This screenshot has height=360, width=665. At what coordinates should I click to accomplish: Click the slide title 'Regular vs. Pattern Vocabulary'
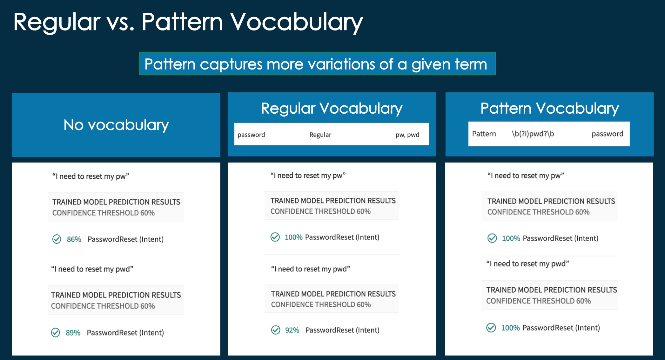point(188,22)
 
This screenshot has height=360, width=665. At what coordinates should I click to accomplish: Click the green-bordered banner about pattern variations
point(317,63)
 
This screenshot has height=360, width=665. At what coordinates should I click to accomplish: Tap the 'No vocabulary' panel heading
point(116,125)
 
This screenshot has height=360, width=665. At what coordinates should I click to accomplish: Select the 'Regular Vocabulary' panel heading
point(332,109)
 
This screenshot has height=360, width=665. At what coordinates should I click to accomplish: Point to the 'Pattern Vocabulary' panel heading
point(550,109)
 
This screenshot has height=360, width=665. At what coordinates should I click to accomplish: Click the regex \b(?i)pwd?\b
point(533,134)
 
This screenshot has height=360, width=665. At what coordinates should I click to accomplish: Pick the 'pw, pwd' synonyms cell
point(407,135)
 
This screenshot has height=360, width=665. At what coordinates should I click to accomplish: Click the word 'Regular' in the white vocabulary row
point(320,135)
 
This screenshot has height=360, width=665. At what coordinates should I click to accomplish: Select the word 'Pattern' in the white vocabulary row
point(484,134)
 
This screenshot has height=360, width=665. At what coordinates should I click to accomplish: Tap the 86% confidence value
point(74,239)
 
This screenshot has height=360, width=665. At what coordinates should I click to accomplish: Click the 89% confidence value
point(73,333)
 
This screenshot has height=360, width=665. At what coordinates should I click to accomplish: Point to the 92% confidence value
point(292,330)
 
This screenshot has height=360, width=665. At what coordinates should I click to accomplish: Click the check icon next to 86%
point(57,239)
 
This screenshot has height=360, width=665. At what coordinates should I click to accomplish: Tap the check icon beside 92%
point(276,330)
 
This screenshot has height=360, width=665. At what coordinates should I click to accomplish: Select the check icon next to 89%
point(56,332)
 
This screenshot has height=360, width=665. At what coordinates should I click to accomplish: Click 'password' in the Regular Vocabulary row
point(251,135)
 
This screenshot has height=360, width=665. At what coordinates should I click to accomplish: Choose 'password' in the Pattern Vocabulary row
point(608,134)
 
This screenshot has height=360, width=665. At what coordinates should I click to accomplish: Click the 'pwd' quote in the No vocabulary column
point(92,269)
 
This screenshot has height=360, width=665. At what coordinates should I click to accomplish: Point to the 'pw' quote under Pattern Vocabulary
point(526,176)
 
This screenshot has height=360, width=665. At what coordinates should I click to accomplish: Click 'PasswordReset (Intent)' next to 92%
point(342,330)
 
